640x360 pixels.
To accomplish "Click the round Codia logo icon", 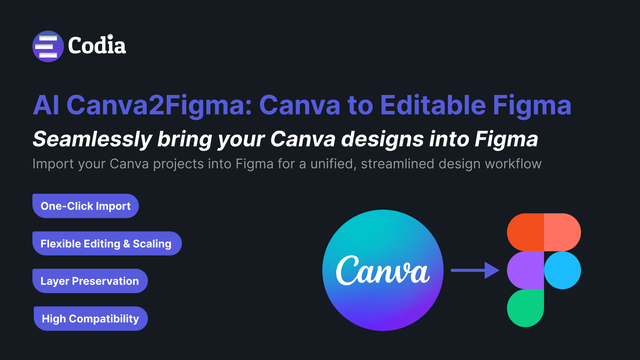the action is [x=48, y=46].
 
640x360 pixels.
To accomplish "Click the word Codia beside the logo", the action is [x=97, y=45].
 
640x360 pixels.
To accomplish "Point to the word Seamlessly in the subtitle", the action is [x=93, y=139].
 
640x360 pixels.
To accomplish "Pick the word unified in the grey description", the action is [x=333, y=164].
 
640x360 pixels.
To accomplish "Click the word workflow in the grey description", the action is [x=513, y=164].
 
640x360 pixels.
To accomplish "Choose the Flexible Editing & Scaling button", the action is [x=107, y=244].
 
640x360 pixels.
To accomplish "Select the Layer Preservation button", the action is [x=90, y=281].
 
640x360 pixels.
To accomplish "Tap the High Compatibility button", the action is [x=91, y=319].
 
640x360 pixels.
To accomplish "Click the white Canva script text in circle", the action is [x=383, y=270].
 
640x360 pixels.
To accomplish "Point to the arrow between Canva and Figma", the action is [x=475, y=270].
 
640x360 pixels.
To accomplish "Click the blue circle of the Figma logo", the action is [x=562, y=270].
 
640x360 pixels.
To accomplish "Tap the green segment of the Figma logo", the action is [x=525, y=308].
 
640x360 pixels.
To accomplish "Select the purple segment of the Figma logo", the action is [x=525, y=270].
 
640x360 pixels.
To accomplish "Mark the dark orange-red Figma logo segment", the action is [x=525, y=232].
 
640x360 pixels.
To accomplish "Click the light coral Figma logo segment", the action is [x=562, y=232].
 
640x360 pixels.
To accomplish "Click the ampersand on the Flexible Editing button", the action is [x=127, y=244].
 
